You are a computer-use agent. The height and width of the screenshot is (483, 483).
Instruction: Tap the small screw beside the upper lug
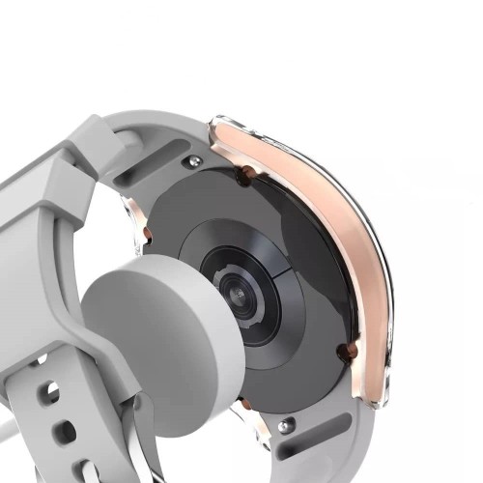pos(195,161)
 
